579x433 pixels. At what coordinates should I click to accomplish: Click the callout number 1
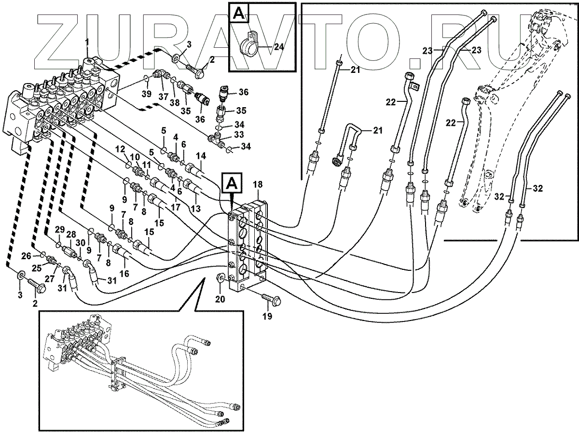pyautogui.click(x=87, y=42)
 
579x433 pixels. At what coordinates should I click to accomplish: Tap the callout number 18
pyautogui.click(x=258, y=184)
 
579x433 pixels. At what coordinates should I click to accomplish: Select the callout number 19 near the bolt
pyautogui.click(x=267, y=317)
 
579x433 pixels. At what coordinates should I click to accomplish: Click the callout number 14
pyautogui.click(x=201, y=156)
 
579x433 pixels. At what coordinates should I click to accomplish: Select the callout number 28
pyautogui.click(x=71, y=235)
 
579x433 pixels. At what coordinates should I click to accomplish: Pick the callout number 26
pyautogui.click(x=26, y=256)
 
